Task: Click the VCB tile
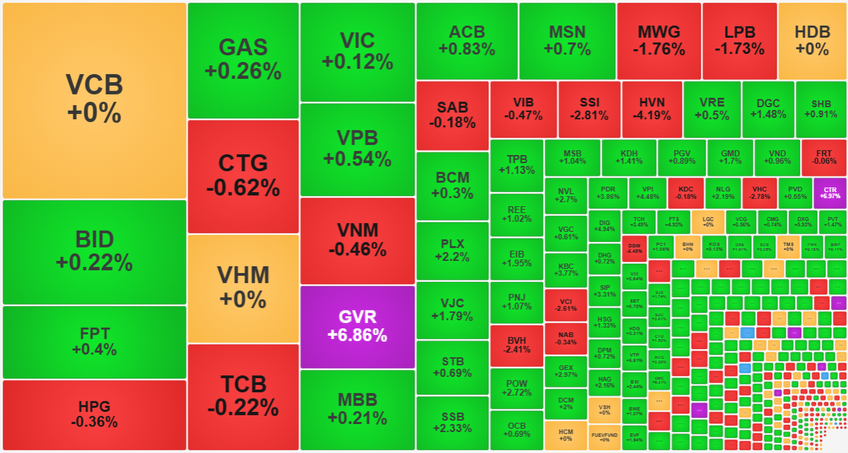pos(94,100)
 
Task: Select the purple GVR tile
pos(357,326)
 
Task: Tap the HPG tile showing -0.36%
pos(94,414)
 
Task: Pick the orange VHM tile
pos(243,287)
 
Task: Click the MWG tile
pos(658,40)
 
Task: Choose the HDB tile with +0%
pos(812,40)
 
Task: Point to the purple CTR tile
pos(830,191)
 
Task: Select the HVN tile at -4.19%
pos(652,109)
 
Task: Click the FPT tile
pos(94,341)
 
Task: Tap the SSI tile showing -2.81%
pos(588,109)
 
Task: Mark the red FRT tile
pos(824,157)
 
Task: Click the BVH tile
pos(517,344)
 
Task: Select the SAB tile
pos(452,115)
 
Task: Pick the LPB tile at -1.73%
pos(739,40)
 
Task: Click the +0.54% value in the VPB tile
pos(357,160)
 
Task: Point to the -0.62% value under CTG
pos(243,188)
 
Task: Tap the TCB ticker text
pos(243,384)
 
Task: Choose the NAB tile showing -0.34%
pos(565,338)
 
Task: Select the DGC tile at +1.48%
pos(768,109)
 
